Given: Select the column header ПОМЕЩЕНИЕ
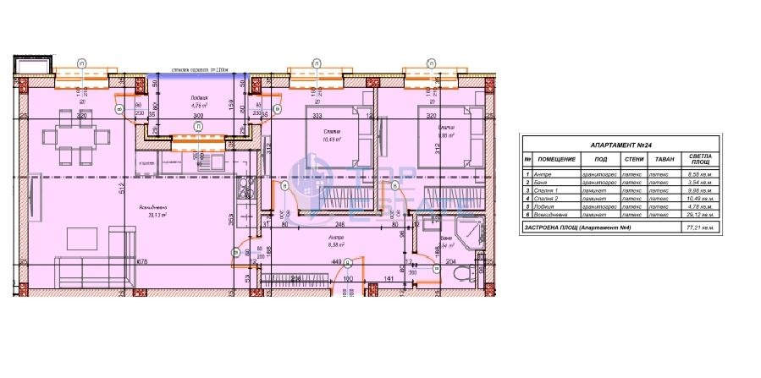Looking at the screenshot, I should click(556, 159).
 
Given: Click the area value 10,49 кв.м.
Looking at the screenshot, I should click(700, 200).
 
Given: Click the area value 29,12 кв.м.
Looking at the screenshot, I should click(700, 217).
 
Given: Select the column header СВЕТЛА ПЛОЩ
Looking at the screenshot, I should click(700, 159).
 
